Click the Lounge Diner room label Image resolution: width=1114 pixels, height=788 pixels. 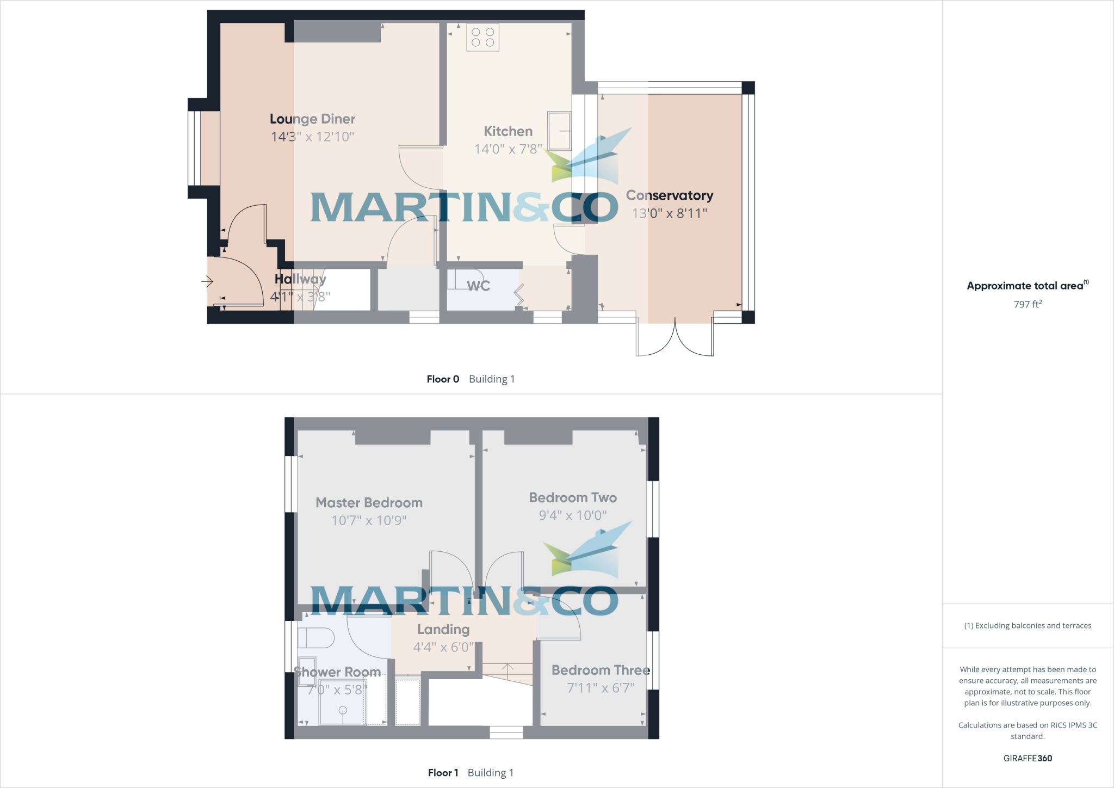[312, 119]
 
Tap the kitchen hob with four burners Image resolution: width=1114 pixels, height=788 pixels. [482, 38]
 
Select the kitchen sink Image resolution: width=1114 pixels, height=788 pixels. [559, 131]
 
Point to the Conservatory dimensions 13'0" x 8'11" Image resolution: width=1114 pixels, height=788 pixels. [670, 213]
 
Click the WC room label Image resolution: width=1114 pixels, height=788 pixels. [478, 286]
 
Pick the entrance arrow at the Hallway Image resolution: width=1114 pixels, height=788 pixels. [207, 281]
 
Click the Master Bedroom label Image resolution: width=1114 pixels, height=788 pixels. [369, 502]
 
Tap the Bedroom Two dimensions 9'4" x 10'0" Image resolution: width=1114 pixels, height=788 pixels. [573, 515]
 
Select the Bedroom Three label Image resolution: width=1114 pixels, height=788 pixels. [601, 670]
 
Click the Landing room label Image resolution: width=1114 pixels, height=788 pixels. [443, 629]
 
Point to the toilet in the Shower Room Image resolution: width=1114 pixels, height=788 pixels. [317, 637]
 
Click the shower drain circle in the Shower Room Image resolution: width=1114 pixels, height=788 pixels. [343, 710]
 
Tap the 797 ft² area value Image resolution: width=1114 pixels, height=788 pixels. [1028, 304]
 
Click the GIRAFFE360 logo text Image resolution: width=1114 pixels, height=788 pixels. [1028, 758]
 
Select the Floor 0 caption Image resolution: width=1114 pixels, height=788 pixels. [443, 379]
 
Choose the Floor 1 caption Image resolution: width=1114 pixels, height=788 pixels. [443, 773]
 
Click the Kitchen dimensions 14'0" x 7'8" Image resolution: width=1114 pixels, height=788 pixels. [508, 149]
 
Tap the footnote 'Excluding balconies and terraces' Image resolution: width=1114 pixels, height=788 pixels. [1028, 626]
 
